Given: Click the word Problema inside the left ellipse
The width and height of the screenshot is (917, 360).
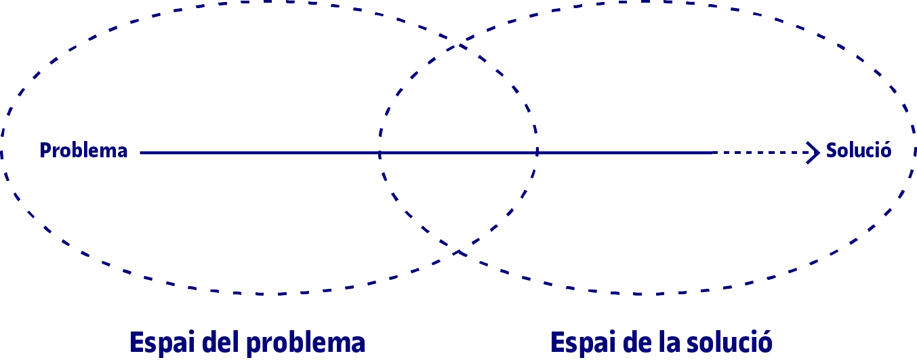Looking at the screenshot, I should coord(84,151).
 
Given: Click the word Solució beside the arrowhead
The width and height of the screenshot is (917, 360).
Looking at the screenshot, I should coord(858,151).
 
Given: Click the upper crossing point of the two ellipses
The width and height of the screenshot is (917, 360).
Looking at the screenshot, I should coord(460,46).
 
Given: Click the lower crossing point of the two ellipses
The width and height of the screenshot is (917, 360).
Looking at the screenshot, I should coord(459,252).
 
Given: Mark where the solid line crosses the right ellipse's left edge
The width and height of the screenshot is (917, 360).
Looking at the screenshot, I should coord(380,153).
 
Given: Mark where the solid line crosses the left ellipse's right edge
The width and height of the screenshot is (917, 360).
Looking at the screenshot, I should coord(537,153).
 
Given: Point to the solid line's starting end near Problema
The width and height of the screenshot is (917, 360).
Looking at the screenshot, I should coord(141,153).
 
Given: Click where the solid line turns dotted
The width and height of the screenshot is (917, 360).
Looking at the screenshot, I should coord(714,153).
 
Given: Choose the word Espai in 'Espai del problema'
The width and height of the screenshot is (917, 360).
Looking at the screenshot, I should coord(159,342).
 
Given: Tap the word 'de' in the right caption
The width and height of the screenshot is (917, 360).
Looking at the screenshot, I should coord(633,342).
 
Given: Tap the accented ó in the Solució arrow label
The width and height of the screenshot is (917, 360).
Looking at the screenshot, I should coord(884,151).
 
